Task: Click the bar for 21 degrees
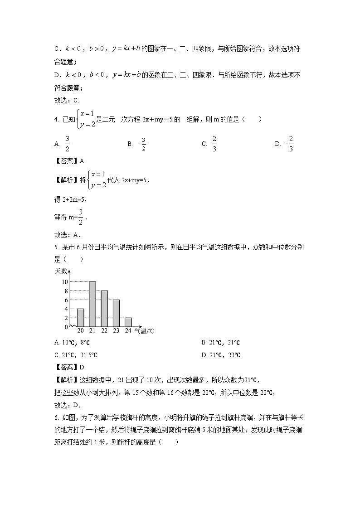[92, 304]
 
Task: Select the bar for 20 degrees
[80, 317]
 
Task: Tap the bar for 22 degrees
[104, 308]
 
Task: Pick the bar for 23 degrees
[116, 313]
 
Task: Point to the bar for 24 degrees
[128, 322]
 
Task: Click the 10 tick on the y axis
[65, 282]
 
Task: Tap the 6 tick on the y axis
[66, 300]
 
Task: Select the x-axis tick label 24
[128, 331]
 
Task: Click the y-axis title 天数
[61, 271]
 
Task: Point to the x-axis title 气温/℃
[145, 331]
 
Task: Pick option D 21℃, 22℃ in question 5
[221, 355]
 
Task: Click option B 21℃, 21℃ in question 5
[221, 343]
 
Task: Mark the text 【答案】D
[69, 367]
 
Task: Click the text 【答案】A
[69, 160]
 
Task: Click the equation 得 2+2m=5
[70, 199]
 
